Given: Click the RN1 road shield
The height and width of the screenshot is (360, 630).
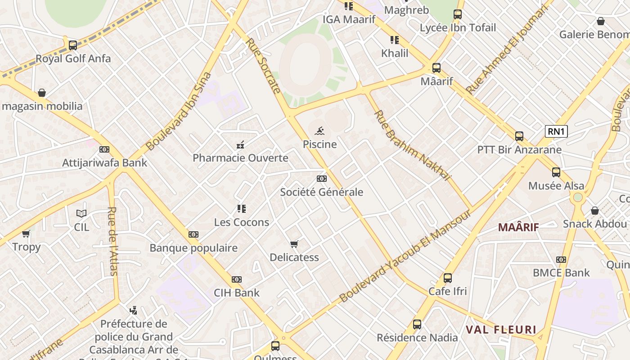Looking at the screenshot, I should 556,131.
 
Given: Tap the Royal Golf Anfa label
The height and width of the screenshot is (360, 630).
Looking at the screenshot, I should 73,58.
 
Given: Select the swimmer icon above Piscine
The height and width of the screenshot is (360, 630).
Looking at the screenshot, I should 319,131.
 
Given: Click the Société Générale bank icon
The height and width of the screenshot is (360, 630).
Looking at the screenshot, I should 321,179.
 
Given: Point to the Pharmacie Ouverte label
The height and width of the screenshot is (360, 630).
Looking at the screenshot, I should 240,158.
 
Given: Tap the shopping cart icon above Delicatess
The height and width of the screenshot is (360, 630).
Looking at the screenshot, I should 294,244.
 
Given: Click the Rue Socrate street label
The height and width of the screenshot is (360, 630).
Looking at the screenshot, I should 263,66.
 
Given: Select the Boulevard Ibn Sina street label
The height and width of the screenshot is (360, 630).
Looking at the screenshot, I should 179,111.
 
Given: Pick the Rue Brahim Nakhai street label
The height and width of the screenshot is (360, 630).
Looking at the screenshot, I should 412,145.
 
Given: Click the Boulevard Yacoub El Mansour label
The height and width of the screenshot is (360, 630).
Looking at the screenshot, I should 405,256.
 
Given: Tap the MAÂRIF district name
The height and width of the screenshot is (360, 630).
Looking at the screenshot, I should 518,227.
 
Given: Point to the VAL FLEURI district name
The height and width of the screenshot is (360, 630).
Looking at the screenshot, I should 501,330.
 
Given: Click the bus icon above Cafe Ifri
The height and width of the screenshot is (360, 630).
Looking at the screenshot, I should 447,278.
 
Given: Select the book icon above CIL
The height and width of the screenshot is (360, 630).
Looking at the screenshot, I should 81,214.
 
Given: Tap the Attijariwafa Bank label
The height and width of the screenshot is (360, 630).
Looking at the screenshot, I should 104,162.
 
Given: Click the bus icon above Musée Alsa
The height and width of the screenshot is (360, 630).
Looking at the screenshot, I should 556,172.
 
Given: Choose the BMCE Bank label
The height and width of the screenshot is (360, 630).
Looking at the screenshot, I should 561,273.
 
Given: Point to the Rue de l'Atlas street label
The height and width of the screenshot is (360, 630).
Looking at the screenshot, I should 112,241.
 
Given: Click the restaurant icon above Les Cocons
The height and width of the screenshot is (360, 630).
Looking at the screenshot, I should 242,209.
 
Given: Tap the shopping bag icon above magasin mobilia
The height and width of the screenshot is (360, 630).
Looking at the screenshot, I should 42,93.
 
